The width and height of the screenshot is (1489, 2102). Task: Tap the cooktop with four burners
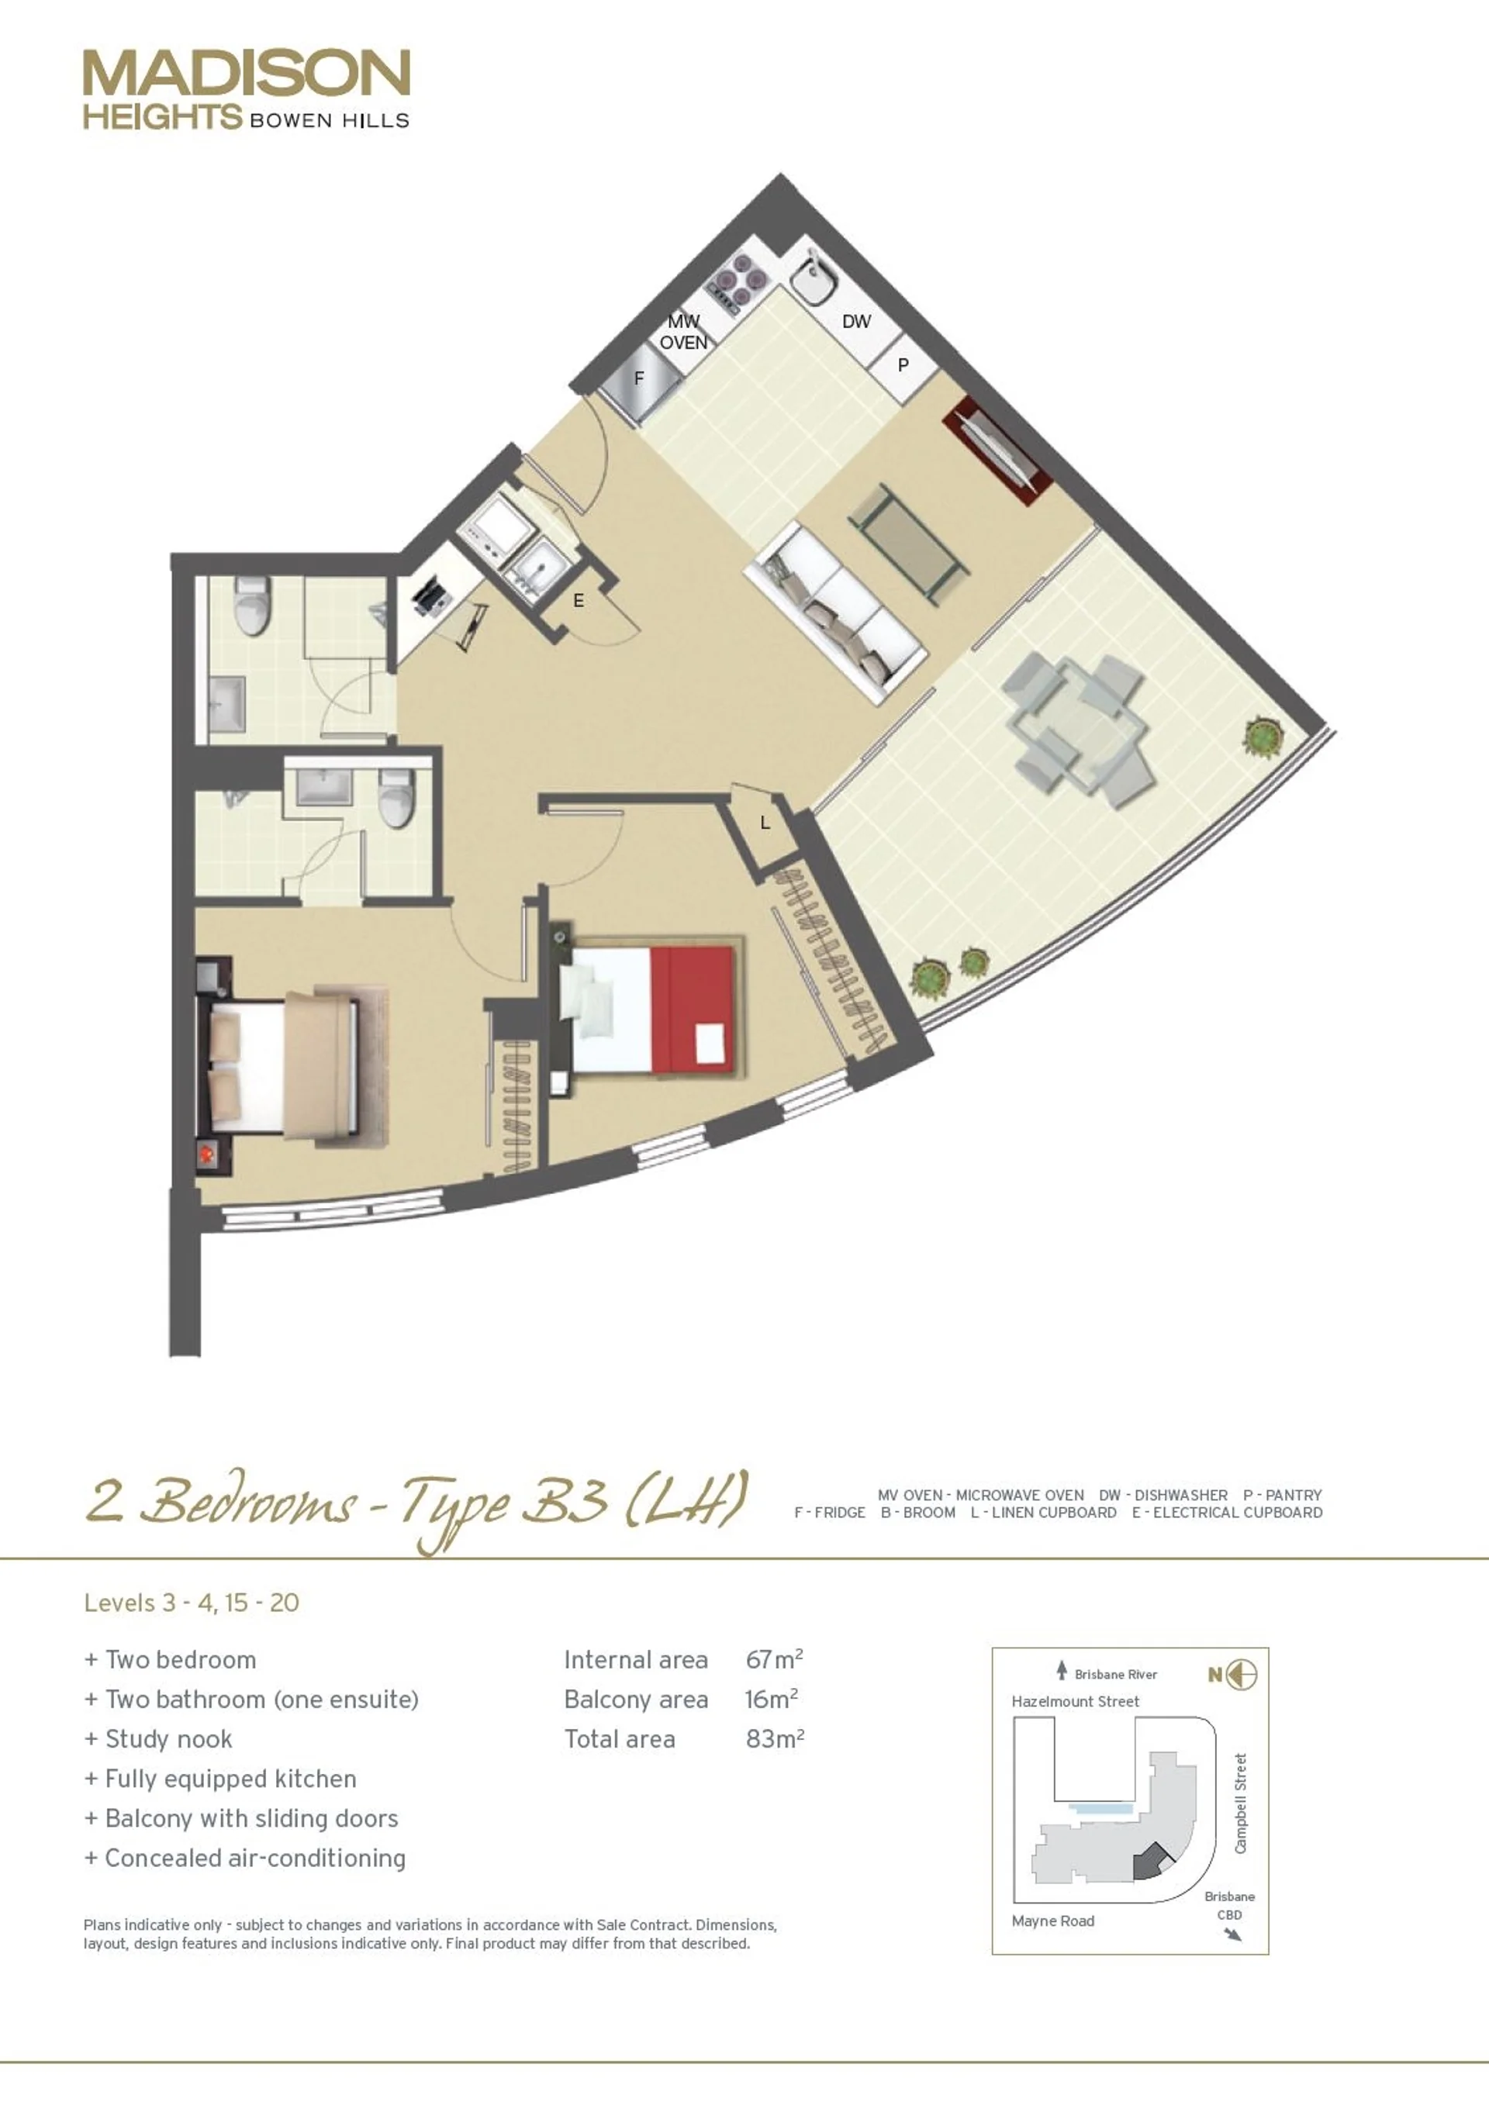click(x=739, y=277)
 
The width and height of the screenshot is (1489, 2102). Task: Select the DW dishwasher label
click(x=856, y=322)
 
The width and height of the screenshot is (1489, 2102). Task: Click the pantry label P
click(x=903, y=365)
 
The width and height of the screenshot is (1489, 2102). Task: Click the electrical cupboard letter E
click(x=579, y=600)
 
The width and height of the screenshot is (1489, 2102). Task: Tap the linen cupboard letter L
click(x=765, y=823)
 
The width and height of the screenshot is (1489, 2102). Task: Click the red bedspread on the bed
click(x=693, y=1010)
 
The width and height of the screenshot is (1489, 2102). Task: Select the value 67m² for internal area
click(x=775, y=1659)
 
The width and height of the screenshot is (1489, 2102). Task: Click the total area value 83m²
click(x=775, y=1739)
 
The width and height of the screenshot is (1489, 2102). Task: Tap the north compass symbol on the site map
click(x=1232, y=1675)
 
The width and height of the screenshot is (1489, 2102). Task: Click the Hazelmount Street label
click(x=1075, y=1701)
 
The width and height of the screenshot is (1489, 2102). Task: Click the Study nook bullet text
click(x=169, y=1739)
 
